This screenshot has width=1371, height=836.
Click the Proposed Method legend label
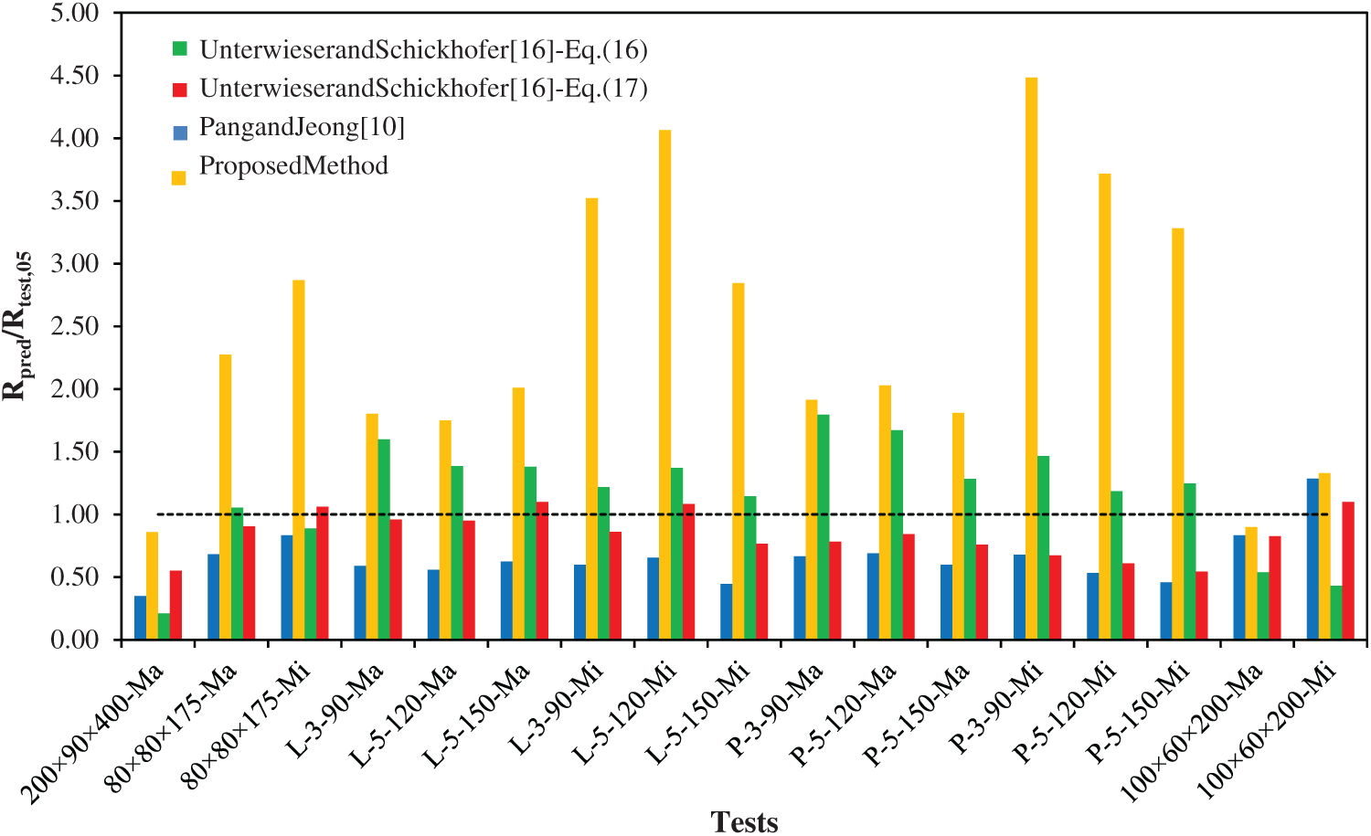[x=293, y=165]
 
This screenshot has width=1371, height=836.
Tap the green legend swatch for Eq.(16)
[x=180, y=49]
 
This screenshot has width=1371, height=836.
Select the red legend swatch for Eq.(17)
[x=180, y=89]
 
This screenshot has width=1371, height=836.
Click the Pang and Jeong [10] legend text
[x=302, y=127]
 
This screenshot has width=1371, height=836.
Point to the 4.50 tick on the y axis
[x=74, y=75]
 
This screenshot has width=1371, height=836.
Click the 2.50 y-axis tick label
[x=74, y=326]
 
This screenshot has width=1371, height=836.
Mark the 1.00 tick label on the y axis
[x=74, y=514]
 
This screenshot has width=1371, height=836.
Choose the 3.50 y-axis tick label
[x=74, y=201]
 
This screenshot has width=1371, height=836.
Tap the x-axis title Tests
[x=744, y=821]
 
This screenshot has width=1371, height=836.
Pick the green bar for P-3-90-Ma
[x=824, y=525]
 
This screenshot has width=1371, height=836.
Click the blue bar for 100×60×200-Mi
[x=1313, y=557]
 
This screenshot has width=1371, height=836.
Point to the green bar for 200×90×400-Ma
[x=164, y=626]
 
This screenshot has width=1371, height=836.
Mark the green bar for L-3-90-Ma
[x=384, y=538]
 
